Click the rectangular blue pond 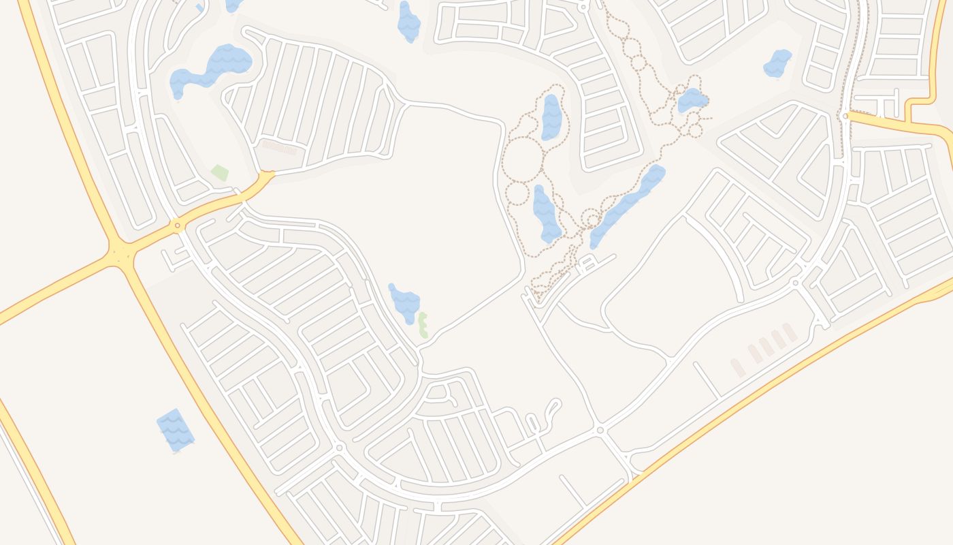(176, 430)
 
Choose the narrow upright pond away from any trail (408, 21)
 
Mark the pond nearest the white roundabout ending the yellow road (777, 63)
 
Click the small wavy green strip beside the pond (423, 325)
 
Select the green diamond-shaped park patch (219, 172)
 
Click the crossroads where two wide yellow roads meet (121, 255)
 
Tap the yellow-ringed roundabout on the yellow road (177, 225)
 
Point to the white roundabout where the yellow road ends (845, 116)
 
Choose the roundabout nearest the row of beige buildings (795, 282)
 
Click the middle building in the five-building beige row (766, 346)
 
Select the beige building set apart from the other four (737, 368)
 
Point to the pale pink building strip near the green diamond (280, 146)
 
